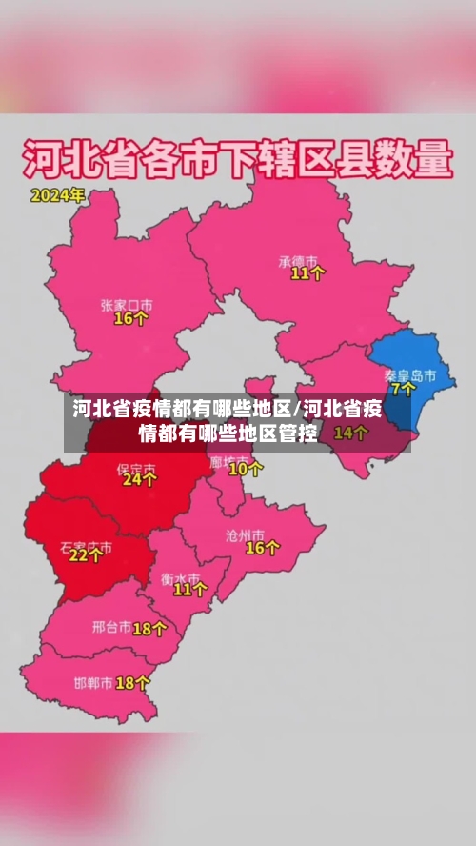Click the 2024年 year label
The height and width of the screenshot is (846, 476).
[x=57, y=196]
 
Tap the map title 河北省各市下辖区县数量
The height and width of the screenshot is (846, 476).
[x=236, y=159]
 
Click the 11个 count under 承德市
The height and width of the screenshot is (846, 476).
[x=307, y=273]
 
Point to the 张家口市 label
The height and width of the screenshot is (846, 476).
[x=127, y=305]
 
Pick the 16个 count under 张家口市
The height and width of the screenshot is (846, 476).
[x=130, y=319]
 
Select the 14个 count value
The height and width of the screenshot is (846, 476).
[x=350, y=433]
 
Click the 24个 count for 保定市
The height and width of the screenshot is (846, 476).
[x=139, y=480]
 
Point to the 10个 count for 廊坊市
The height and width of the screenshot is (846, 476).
[x=246, y=469]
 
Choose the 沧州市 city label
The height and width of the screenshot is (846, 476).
[x=257, y=534]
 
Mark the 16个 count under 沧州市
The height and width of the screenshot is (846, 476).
[x=262, y=548]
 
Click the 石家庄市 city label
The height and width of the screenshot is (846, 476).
[x=86, y=547]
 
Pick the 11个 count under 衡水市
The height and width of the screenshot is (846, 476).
[x=189, y=590]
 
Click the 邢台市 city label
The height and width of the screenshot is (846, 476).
[x=110, y=628]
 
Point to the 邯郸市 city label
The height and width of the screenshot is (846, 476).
[x=93, y=683]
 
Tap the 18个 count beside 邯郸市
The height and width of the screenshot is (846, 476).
[x=132, y=683]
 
